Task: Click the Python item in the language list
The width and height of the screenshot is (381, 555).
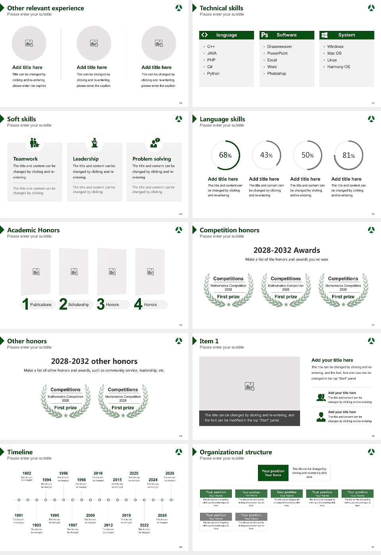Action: point(213,74)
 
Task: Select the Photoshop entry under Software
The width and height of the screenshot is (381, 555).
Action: point(276,74)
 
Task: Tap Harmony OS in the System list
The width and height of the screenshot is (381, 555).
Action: point(338,67)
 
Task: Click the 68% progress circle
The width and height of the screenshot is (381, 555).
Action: point(225,155)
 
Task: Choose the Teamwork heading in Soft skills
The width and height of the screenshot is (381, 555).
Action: point(25,159)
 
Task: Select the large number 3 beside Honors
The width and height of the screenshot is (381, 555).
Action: point(101,304)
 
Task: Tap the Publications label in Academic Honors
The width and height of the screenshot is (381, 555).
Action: point(41,305)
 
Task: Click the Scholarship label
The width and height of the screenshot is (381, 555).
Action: point(78,305)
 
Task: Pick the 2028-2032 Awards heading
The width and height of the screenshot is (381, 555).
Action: point(287,251)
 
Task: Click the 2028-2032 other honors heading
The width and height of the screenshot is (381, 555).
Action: point(94,362)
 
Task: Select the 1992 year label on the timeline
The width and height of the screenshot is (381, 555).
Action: point(27,473)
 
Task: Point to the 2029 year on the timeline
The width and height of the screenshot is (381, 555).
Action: point(169,473)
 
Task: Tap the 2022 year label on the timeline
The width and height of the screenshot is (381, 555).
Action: point(144,525)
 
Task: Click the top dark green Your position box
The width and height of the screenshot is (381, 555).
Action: point(273,473)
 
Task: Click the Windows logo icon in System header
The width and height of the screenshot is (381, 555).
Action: point(324,35)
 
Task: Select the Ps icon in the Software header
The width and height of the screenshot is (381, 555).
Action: point(265,35)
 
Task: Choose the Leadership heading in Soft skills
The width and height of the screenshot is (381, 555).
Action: point(86,159)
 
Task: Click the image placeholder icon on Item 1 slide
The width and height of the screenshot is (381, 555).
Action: point(250,386)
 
